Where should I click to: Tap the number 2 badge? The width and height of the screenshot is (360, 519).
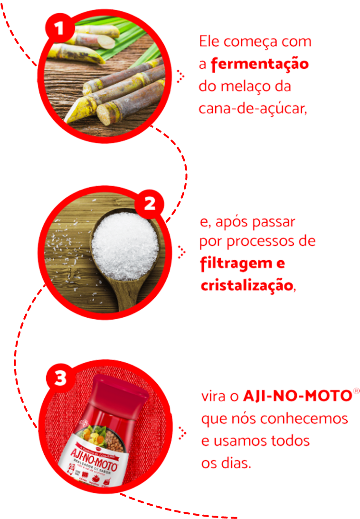(x=149, y=205)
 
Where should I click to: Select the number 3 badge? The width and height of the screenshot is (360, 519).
(x=60, y=379)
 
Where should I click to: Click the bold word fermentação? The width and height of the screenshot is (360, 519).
(x=259, y=64)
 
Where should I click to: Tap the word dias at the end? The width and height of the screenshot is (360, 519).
(x=235, y=463)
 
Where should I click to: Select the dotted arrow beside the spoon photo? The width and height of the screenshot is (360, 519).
(x=181, y=252)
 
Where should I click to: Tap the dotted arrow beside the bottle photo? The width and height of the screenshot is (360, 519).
(x=181, y=433)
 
